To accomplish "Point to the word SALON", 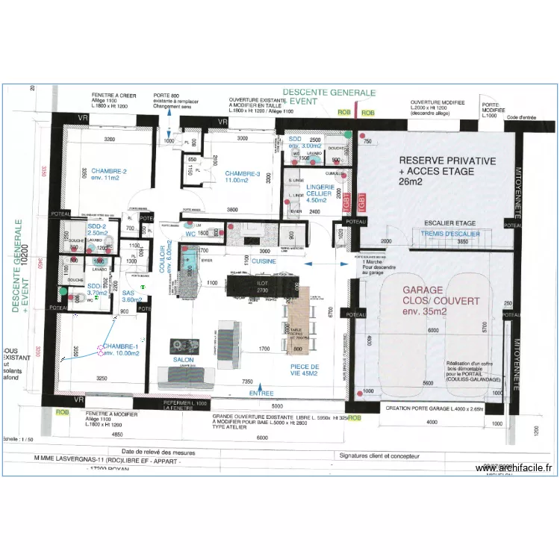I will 184,359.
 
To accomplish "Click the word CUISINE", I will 263,261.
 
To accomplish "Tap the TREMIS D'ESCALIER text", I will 450,233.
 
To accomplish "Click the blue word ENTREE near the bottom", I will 261,393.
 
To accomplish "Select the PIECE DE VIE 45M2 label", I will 305,370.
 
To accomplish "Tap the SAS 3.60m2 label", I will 131,296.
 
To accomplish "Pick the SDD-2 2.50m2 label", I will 98,229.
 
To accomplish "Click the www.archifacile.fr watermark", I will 514,468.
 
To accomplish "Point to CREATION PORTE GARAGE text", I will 432,408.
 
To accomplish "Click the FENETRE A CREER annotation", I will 113,96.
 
